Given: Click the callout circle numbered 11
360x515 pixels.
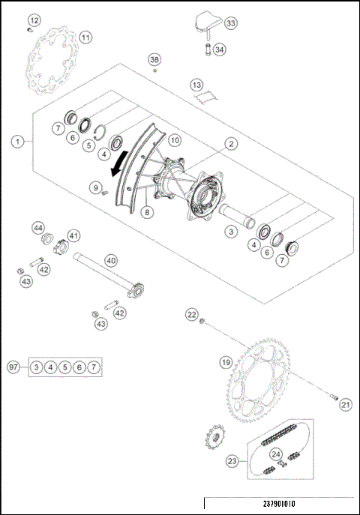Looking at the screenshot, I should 85,37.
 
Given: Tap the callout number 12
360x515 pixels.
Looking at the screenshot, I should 35,19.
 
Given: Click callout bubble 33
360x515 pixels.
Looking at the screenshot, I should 230,24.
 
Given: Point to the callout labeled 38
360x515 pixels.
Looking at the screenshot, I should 154,59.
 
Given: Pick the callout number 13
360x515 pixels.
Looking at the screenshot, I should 196,85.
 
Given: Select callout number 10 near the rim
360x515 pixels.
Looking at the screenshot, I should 174,140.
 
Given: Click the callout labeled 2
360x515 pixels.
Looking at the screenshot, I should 232,143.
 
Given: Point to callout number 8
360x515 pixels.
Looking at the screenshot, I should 147,212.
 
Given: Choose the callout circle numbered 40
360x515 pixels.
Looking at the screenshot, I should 110,260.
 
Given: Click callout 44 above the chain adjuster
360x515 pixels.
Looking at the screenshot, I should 37,227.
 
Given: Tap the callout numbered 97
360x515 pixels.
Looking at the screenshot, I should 13,367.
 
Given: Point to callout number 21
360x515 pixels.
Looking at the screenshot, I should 345,406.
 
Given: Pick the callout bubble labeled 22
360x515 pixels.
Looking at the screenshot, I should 192,314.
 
